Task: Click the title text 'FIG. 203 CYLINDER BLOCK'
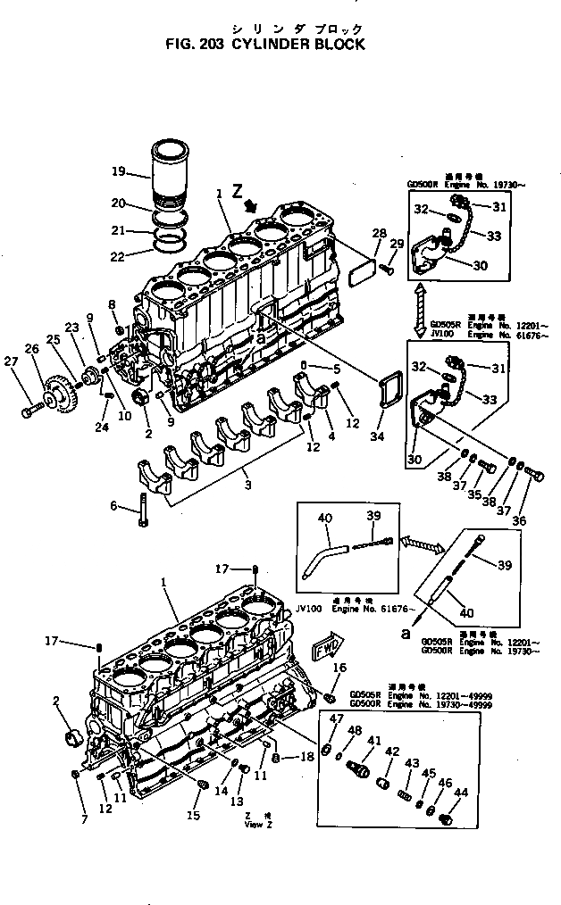click(264, 43)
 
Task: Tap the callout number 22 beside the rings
click(117, 258)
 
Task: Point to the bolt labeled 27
click(29, 412)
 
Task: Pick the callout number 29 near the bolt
click(397, 244)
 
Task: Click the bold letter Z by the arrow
click(237, 190)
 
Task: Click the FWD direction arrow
click(323, 650)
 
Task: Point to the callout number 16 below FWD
click(339, 668)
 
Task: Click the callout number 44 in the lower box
click(461, 793)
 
